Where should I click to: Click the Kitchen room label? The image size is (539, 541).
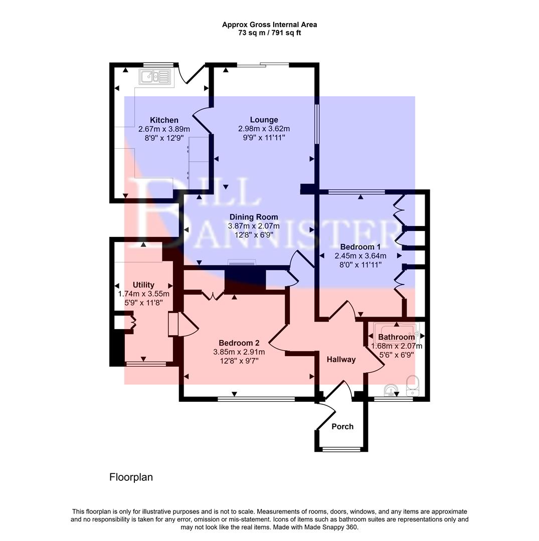(164, 120)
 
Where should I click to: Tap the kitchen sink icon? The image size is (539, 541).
(156, 77)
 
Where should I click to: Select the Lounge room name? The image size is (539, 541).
(264, 120)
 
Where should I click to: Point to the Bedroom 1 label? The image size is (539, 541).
(360, 247)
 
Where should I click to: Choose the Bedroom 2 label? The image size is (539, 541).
(239, 343)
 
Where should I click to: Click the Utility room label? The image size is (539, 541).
(143, 285)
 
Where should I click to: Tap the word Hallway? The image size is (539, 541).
(341, 359)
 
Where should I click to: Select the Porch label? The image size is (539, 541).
(342, 426)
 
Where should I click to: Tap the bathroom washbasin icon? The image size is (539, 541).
(390, 389)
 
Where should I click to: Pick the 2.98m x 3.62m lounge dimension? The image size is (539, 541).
(264, 129)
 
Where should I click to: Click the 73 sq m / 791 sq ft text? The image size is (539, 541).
(269, 33)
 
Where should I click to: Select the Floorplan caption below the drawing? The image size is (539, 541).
(131, 477)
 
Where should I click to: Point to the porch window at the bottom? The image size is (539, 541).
(341, 449)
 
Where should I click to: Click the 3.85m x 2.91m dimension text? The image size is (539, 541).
(239, 352)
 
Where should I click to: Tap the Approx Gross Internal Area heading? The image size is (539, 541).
(269, 25)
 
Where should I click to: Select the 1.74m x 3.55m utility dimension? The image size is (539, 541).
(143, 294)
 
